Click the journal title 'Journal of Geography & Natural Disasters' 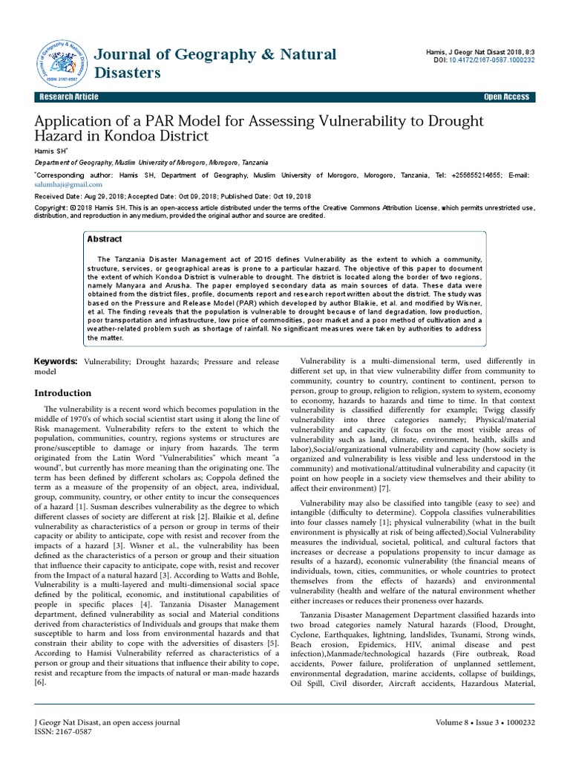(x=215, y=63)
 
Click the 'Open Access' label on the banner (x=506, y=97)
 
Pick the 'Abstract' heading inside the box (x=105, y=239)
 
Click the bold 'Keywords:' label (x=56, y=360)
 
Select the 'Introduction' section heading (x=64, y=392)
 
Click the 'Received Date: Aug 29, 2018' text (x=80, y=196)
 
